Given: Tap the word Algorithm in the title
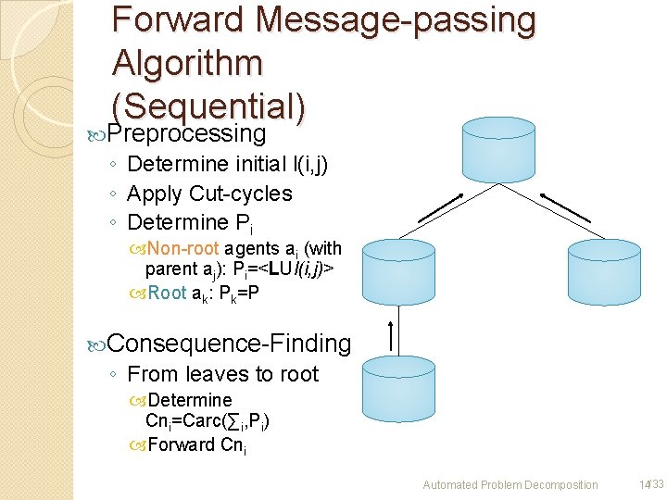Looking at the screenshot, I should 187,64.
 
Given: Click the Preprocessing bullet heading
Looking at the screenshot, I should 186,134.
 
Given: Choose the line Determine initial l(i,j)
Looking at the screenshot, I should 227,165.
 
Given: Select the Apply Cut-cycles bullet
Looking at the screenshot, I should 209,194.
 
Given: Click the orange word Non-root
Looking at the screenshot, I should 182,248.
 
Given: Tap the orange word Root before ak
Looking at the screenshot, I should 167,293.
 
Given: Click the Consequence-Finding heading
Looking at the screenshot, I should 229,344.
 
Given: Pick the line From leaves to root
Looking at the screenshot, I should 222,374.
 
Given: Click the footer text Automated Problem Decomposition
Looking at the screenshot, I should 510,484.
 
